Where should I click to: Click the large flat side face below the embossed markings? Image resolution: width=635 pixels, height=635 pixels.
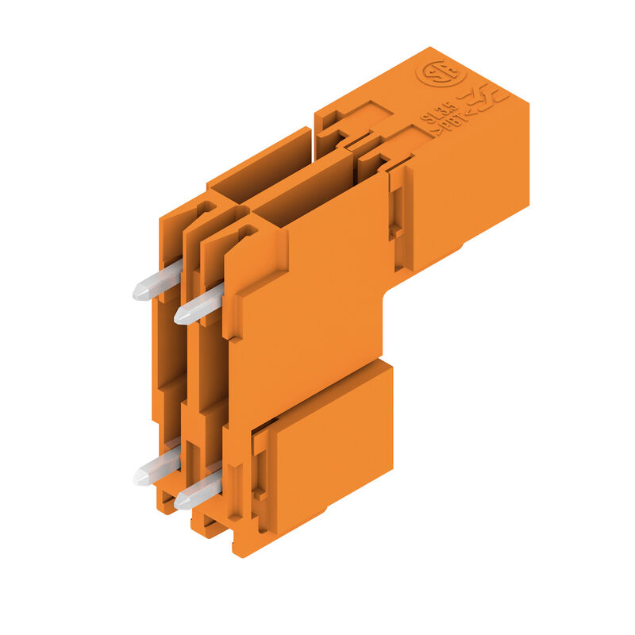[x=468, y=190]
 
